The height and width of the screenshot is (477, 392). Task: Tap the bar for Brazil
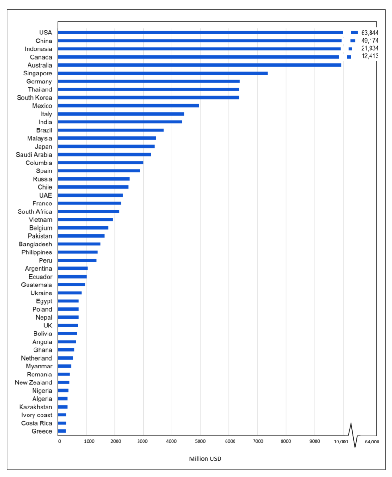pos(110,130)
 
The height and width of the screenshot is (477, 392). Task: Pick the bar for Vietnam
pos(85,219)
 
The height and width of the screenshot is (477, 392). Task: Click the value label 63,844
pos(370,33)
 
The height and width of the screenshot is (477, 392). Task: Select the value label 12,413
pos(370,56)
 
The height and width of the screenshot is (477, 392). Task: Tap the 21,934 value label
pos(370,48)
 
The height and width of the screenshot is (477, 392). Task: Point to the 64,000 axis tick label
pos(371,441)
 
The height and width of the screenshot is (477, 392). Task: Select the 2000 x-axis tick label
pos(115,441)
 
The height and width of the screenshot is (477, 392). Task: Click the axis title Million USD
pos(205,459)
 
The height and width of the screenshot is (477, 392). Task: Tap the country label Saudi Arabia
pos(34,155)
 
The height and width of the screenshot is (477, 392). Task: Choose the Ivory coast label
pos(37,415)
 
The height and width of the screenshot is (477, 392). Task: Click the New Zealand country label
pos(34,382)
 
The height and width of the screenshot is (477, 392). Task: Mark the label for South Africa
pos(35,211)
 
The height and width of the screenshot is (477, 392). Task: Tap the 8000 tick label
pos(286,441)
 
